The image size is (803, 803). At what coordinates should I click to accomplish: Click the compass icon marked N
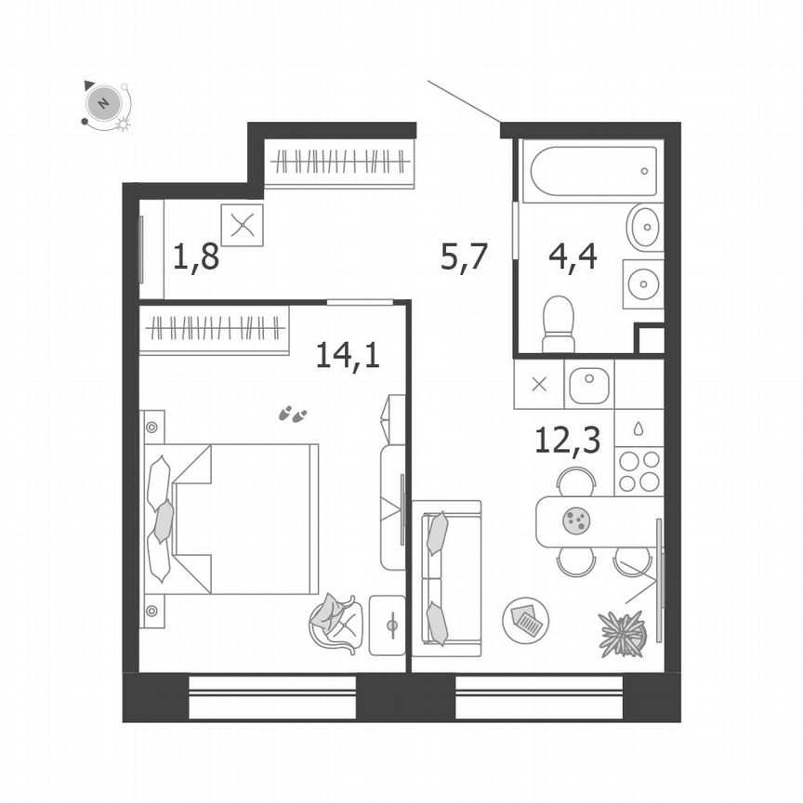104,102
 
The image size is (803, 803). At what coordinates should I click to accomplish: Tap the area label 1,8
196,256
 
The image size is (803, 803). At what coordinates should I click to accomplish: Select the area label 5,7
464,256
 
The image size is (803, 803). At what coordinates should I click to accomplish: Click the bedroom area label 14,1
348,354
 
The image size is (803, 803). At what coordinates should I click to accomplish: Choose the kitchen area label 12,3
567,439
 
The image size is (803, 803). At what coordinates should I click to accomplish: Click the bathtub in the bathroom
592,171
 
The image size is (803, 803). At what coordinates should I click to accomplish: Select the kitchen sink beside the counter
588,386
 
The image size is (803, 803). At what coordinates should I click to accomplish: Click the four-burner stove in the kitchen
639,471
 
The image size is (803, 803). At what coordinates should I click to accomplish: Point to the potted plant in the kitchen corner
622,635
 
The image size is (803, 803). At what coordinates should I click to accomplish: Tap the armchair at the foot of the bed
336,623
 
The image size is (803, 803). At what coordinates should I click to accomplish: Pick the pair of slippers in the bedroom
293,414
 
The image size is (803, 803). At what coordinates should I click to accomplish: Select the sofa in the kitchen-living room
448,572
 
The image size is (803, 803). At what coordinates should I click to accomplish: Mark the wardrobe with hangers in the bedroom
215,327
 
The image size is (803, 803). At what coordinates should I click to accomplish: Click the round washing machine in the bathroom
642,283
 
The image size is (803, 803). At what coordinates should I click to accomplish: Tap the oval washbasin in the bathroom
643,227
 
